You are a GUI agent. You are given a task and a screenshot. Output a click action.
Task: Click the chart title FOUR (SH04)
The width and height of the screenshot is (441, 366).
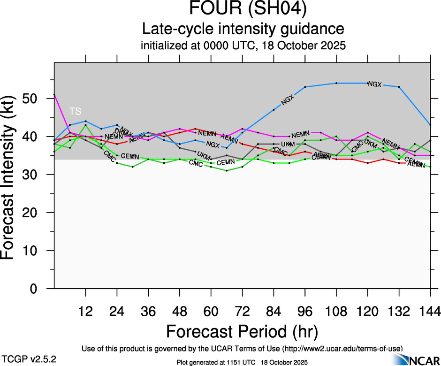point(243,9)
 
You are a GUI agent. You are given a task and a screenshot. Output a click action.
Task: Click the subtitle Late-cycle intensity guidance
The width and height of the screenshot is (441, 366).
point(243,29)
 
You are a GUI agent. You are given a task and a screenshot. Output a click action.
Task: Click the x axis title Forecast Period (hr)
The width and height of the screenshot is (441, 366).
point(242,331)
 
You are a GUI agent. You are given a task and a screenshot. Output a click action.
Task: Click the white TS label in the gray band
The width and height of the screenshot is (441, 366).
point(75,111)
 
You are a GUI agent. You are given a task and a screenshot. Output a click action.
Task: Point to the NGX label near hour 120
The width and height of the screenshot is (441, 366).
point(375,84)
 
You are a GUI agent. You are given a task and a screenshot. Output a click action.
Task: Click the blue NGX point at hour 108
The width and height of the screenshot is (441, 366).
point(336,83)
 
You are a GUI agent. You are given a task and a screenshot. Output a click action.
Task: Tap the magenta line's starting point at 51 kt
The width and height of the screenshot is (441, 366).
point(54,95)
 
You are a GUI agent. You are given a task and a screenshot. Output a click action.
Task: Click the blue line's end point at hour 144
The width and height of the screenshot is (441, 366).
point(430,125)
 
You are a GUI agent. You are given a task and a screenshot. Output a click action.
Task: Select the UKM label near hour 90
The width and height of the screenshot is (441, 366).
point(288,144)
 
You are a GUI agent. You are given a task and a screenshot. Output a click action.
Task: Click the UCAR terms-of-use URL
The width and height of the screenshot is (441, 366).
point(342,349)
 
